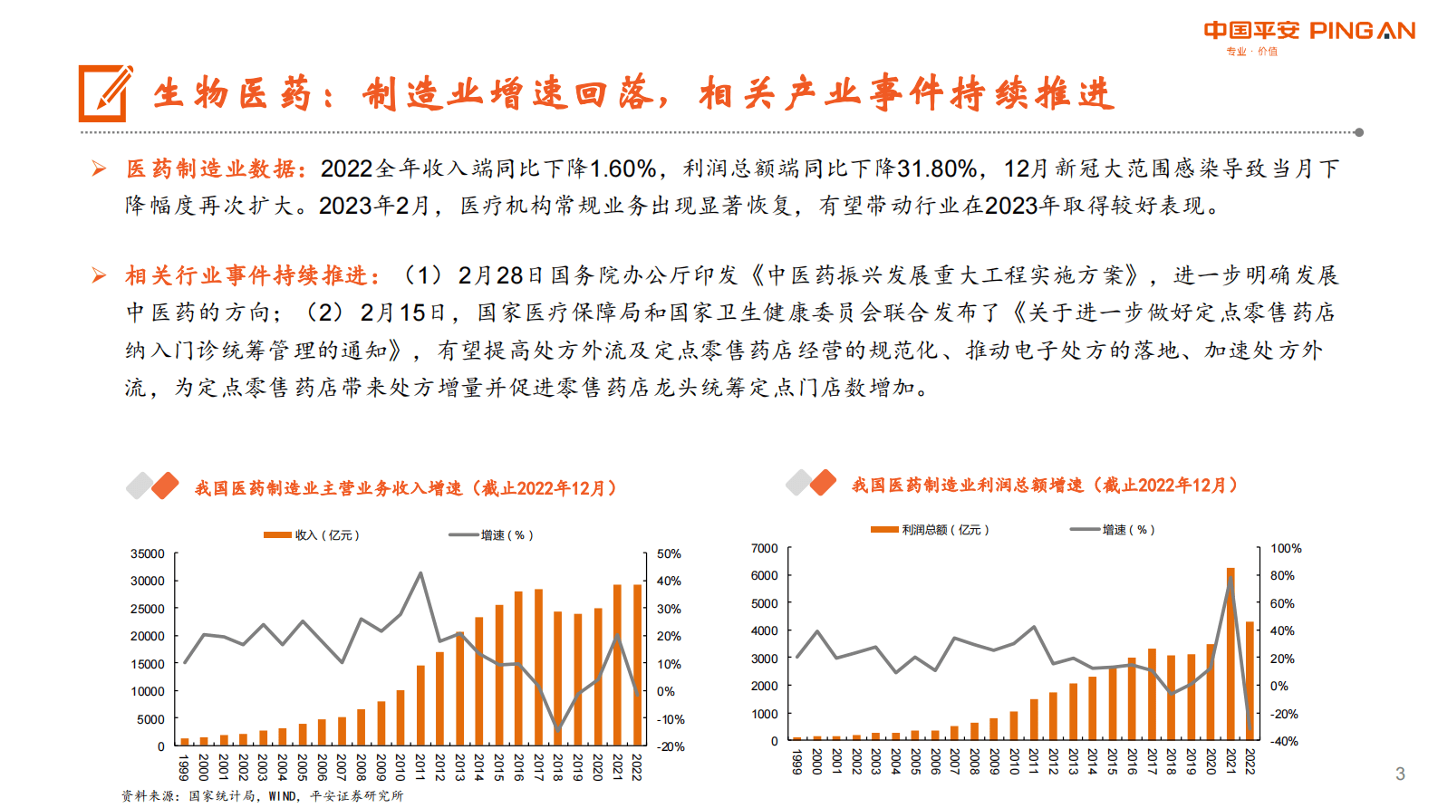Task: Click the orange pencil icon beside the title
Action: (x=104, y=93)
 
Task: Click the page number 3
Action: (x=1400, y=774)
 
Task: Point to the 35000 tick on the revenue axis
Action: (x=148, y=553)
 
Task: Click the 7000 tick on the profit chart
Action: (x=764, y=548)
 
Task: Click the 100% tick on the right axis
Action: (x=1285, y=548)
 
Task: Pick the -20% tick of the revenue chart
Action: (x=671, y=746)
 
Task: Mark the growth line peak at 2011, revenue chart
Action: (x=420, y=573)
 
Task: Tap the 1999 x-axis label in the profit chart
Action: (x=797, y=762)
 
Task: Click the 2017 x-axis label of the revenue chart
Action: (x=538, y=767)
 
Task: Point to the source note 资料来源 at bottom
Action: (x=262, y=795)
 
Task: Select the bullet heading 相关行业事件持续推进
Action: (x=251, y=275)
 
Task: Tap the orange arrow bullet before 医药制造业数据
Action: (x=99, y=168)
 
